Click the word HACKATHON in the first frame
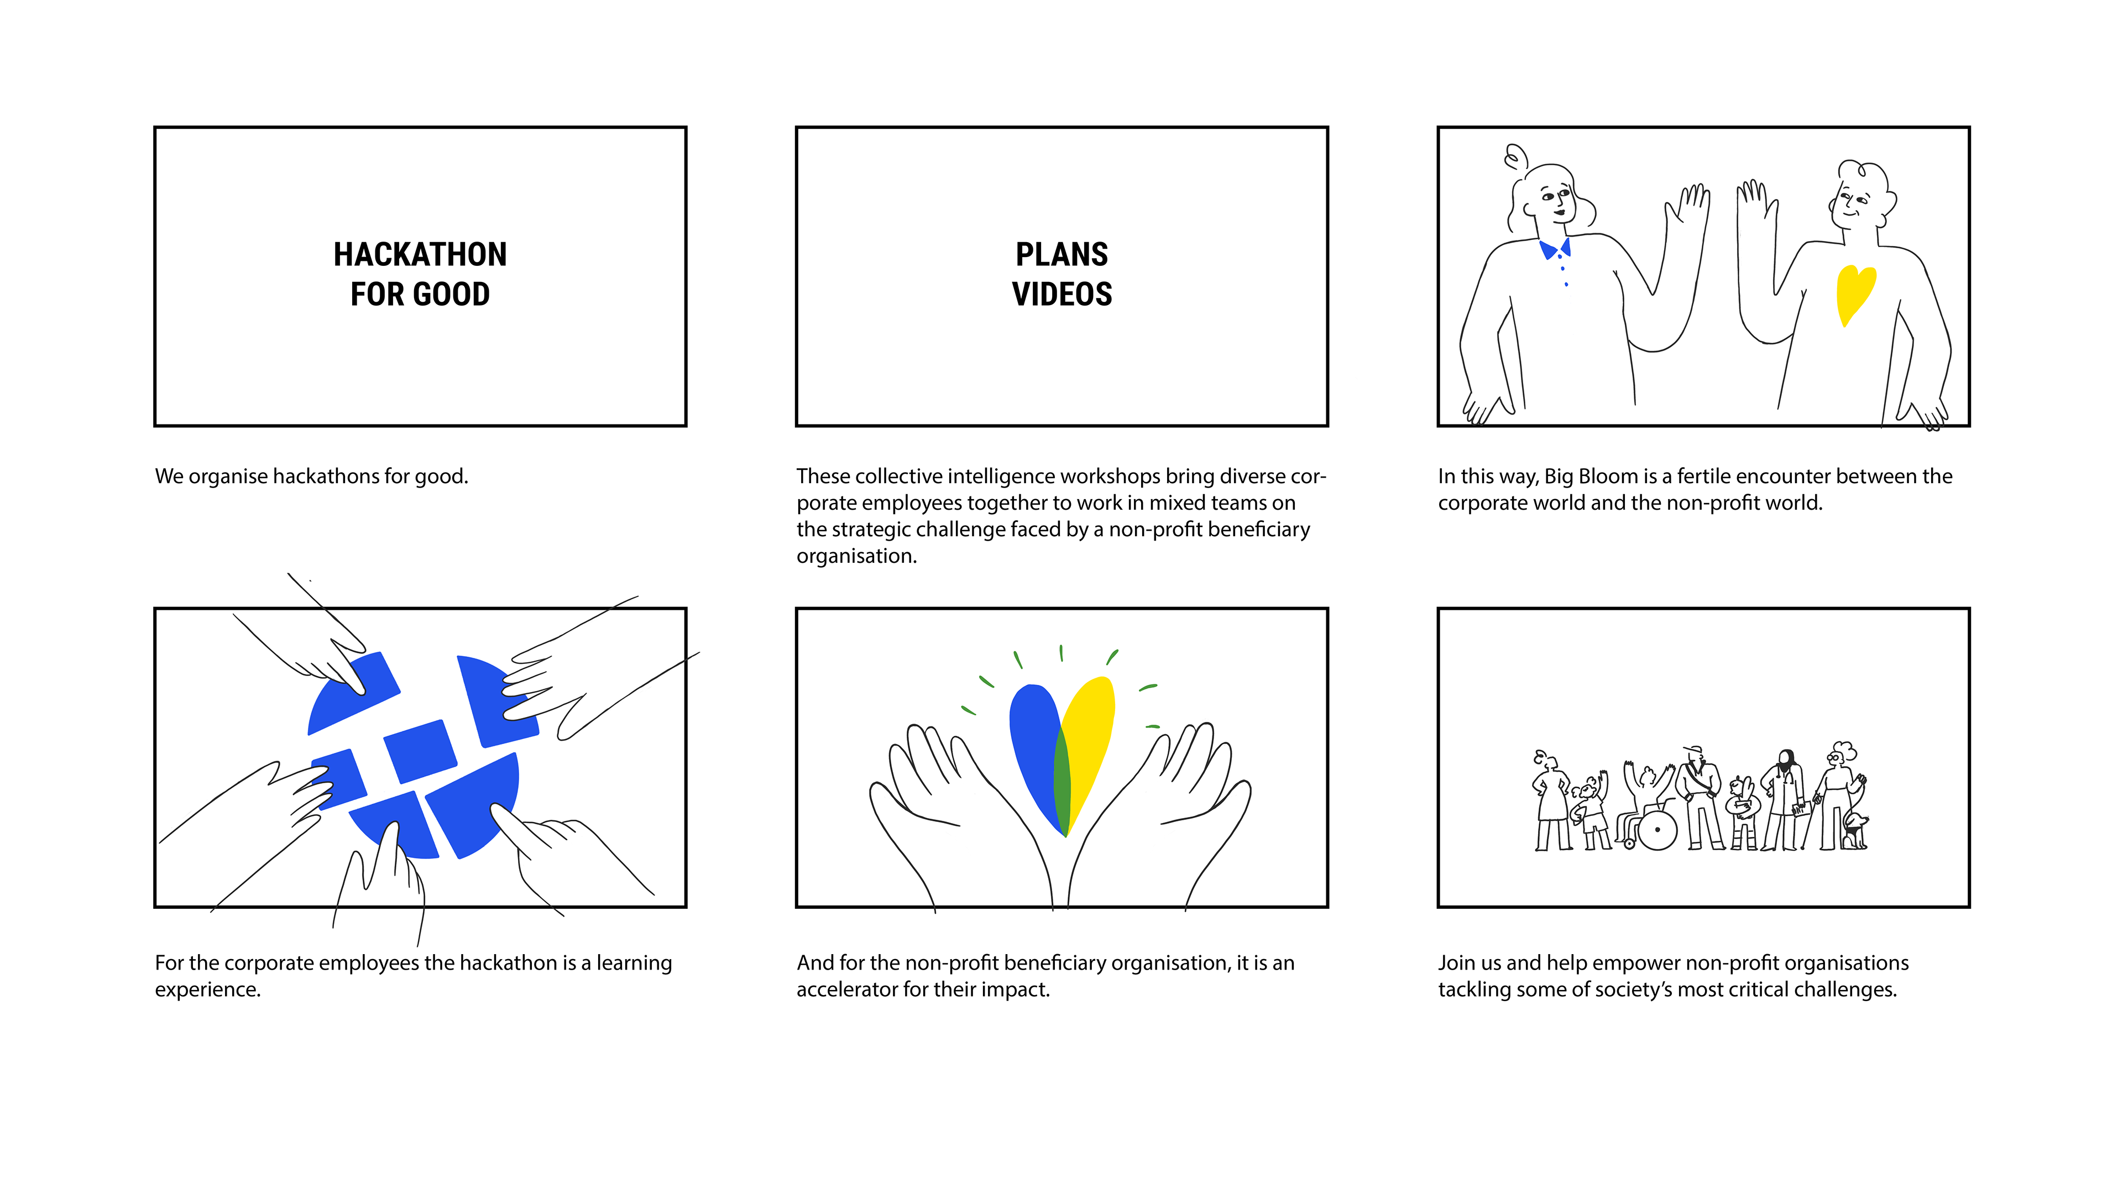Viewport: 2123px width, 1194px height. [420, 255]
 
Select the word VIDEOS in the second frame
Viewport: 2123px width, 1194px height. [1061, 294]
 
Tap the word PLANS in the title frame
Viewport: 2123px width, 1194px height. [1061, 255]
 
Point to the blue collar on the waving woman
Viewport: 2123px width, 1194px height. [1554, 248]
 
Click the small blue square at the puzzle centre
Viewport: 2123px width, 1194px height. [420, 751]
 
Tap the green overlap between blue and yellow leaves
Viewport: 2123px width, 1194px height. [1062, 783]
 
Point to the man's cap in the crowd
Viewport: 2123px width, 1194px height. [1693, 750]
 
